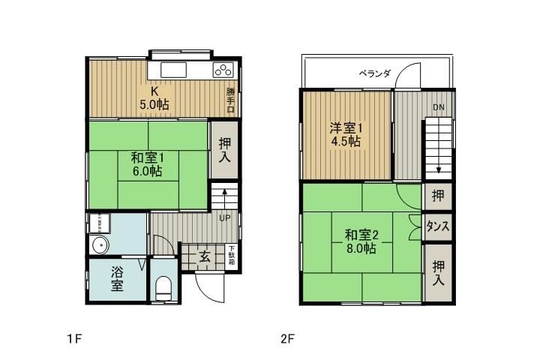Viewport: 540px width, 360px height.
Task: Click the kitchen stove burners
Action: coord(223,70)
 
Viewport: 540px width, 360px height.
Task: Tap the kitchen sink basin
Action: coord(173,70)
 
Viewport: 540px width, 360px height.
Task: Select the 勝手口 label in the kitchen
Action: coord(230,100)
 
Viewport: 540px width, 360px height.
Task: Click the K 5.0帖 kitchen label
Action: coord(154,98)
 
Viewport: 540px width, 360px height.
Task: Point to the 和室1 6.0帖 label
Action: coord(148,165)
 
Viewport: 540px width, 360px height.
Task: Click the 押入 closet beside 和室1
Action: coord(224,149)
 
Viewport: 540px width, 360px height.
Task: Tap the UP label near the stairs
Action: coord(225,218)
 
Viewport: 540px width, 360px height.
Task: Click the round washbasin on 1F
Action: coord(99,245)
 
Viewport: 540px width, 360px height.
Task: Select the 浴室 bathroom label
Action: coord(117,279)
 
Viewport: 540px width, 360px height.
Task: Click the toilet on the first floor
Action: coord(163,289)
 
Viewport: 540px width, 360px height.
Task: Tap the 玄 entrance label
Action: coord(205,256)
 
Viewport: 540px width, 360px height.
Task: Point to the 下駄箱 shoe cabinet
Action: coord(232,256)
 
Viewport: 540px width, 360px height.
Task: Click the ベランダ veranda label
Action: coord(375,73)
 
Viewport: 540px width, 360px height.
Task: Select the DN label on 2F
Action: coord(439,107)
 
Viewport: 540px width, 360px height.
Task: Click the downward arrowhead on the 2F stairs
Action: coord(439,170)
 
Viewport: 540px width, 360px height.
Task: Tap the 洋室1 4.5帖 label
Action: coord(346,135)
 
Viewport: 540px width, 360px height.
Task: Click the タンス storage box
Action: coord(438,227)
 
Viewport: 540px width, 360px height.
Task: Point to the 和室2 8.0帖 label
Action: coord(361,241)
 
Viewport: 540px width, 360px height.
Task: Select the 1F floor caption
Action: coord(74,339)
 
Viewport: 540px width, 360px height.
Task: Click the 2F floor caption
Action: coord(287,339)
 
